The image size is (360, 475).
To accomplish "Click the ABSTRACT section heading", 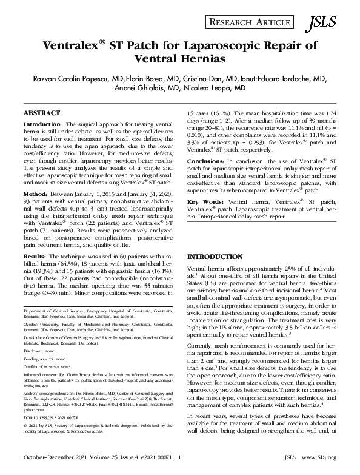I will [42, 113].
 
